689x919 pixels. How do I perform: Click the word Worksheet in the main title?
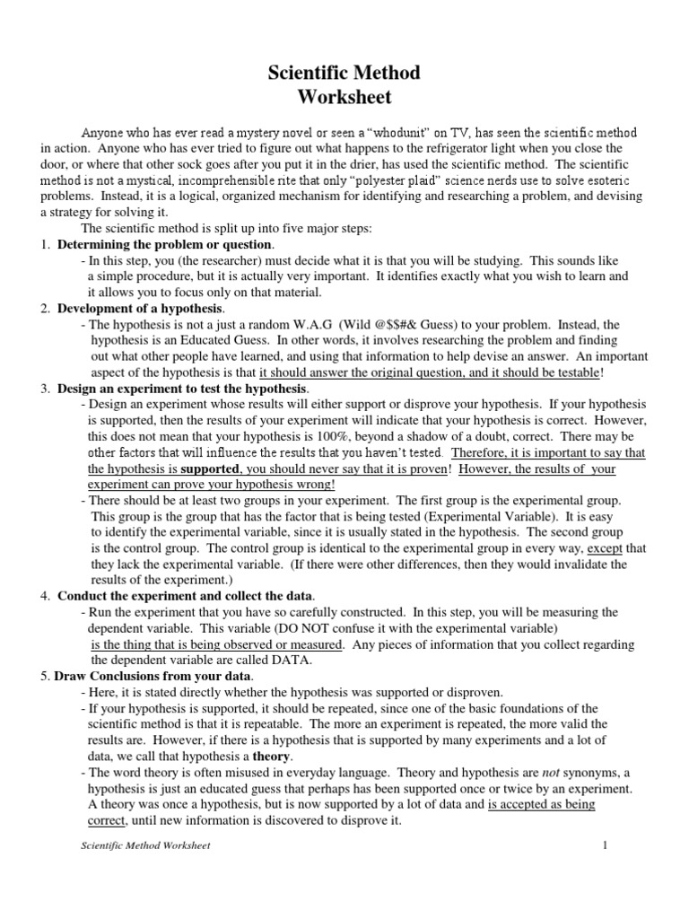pyautogui.click(x=344, y=96)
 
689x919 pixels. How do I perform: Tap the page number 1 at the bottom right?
pyautogui.click(x=606, y=845)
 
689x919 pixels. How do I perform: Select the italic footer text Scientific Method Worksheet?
pyautogui.click(x=145, y=846)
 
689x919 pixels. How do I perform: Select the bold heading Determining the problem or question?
pyautogui.click(x=164, y=245)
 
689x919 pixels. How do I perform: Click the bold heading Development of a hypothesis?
pyautogui.click(x=140, y=309)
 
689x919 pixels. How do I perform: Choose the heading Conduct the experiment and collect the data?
pyautogui.click(x=186, y=596)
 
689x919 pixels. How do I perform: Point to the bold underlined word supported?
pyautogui.click(x=210, y=469)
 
